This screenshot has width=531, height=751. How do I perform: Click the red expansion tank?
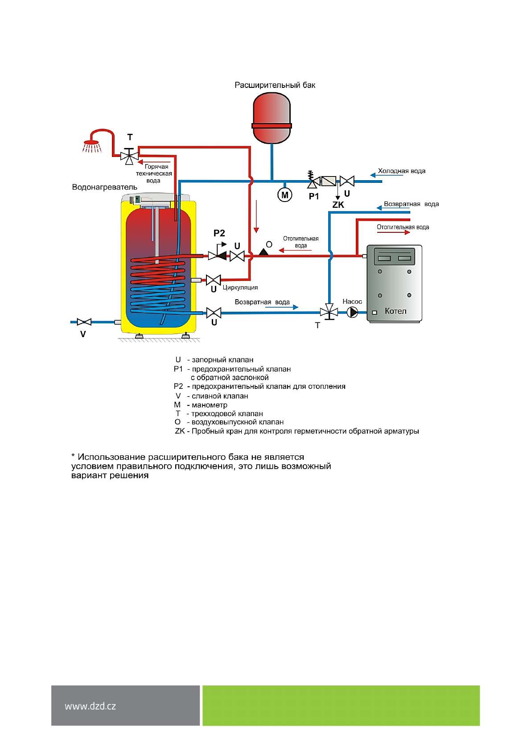tap(272, 118)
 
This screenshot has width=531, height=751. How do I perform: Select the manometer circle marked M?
tap(284, 195)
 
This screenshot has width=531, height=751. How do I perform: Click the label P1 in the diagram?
tap(314, 196)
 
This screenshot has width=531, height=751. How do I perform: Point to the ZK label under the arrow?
tap(338, 205)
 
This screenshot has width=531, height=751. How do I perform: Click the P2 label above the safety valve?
tap(219, 233)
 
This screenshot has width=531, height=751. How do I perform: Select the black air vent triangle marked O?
tap(263, 252)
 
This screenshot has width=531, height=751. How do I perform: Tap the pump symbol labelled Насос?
tap(352, 312)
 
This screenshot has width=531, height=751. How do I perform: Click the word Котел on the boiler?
tap(395, 311)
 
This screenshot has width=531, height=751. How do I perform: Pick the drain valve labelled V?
tap(84, 322)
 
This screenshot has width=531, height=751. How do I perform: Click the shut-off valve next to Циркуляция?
tap(214, 280)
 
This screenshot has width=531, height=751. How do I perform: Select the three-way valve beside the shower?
tap(129, 157)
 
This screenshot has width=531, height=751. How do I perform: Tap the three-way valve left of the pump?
tap(329, 312)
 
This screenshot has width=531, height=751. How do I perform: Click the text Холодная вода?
tap(401, 171)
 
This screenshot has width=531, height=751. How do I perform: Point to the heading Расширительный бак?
tap(275, 85)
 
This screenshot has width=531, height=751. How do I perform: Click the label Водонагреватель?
tap(104, 187)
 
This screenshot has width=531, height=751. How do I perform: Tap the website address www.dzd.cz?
tap(90, 706)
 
